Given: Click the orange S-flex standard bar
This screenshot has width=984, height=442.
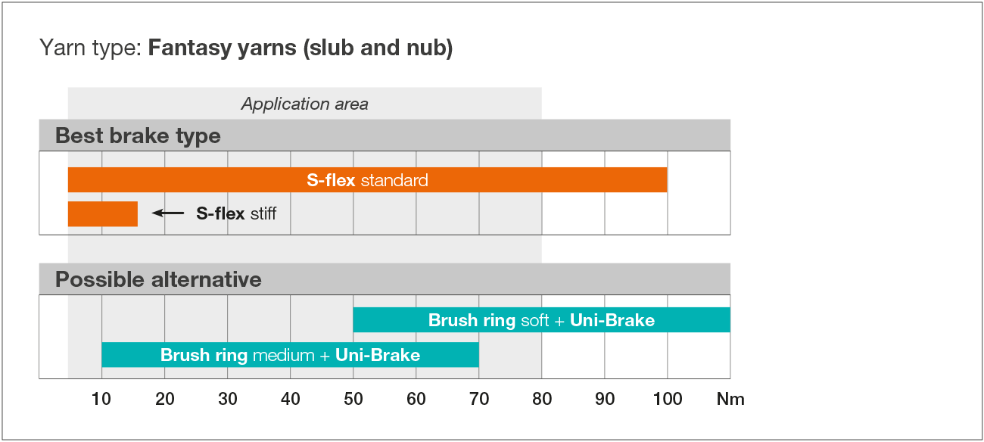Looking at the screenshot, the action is tap(367, 179).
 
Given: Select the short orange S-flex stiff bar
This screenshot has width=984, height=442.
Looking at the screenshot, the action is tap(103, 214).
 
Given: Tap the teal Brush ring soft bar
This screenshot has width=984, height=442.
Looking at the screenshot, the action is tap(542, 320).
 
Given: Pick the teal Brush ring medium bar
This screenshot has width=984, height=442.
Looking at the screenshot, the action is tap(291, 354).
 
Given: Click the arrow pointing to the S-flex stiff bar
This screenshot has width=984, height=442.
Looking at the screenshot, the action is tap(168, 213).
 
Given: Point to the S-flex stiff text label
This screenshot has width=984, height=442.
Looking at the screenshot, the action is tap(236, 213).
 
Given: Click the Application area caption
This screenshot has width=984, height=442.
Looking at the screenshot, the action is tap(305, 104).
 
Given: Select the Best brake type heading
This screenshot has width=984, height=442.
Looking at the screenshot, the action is tap(138, 135).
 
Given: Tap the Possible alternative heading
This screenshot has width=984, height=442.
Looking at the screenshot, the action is tap(159, 279).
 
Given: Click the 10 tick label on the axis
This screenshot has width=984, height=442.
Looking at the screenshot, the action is tap(101, 399).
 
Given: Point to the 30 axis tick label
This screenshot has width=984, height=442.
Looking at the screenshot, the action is tap(228, 399).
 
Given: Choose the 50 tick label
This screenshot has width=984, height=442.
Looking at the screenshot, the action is tap(353, 399).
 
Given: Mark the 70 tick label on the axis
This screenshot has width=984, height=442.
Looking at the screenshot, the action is tap(479, 399).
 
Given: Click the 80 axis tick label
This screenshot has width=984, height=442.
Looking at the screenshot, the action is tap(542, 399).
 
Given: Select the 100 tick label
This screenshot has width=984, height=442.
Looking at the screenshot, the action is tap(668, 399).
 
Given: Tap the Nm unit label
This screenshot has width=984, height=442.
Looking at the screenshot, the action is tap(730, 399).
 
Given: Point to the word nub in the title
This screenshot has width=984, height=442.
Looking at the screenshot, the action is tap(428, 48).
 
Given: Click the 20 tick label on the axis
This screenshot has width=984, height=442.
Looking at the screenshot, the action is tap(165, 399).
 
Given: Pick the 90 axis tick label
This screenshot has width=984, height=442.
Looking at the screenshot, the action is tap(605, 399).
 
